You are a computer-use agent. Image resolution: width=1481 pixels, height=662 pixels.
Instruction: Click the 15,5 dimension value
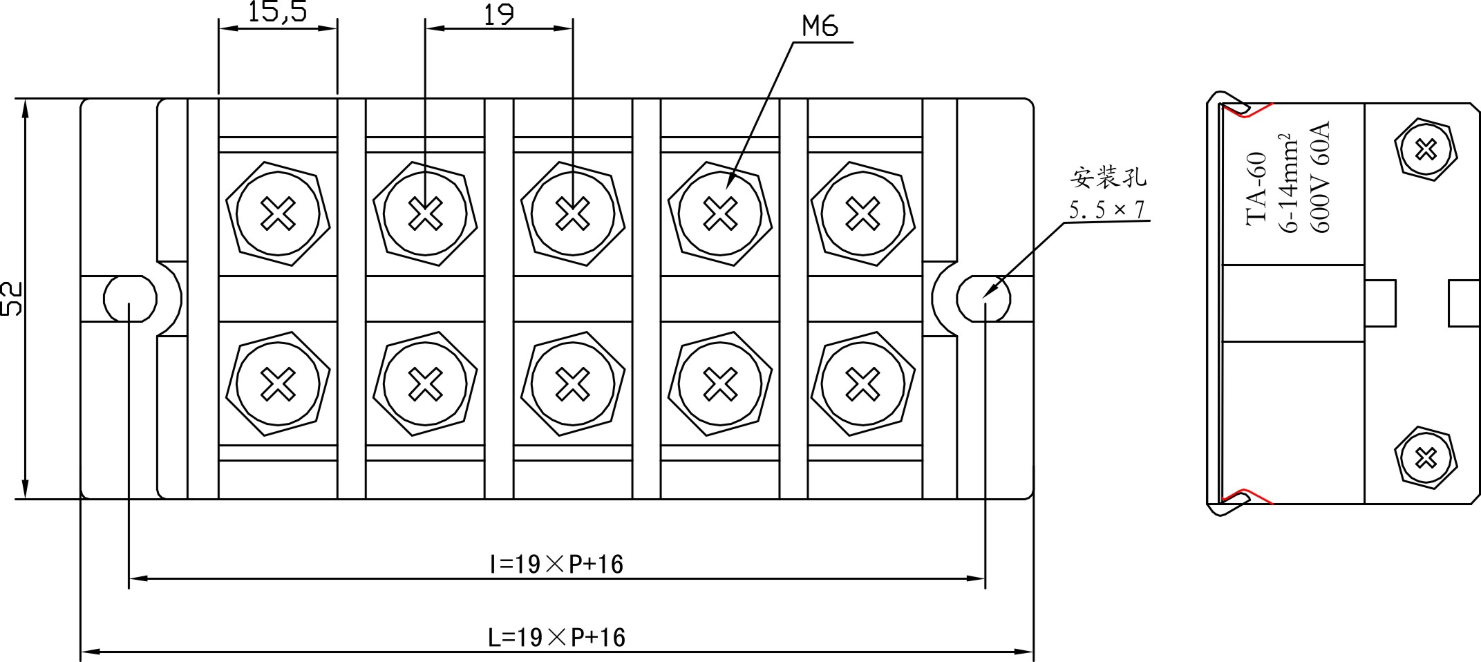click(x=278, y=12)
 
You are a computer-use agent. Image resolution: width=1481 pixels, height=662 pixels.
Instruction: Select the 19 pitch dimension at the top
click(x=498, y=15)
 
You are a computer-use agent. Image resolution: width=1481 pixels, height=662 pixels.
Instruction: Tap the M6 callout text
click(x=820, y=26)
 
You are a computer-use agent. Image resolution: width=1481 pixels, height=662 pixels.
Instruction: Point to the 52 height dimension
click(x=12, y=299)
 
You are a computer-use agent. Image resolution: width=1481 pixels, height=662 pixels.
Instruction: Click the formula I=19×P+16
click(x=556, y=565)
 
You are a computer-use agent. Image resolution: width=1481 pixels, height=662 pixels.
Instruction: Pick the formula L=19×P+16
click(x=556, y=637)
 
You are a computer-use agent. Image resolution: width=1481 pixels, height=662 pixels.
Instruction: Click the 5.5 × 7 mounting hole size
click(x=1107, y=209)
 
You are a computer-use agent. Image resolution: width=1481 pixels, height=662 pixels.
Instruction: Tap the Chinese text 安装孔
click(x=1109, y=178)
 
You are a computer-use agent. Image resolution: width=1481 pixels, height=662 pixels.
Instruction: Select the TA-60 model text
click(x=1257, y=188)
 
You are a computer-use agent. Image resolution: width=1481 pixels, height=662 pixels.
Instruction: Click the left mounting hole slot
click(x=130, y=299)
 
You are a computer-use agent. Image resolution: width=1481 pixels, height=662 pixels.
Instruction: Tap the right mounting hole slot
click(x=983, y=299)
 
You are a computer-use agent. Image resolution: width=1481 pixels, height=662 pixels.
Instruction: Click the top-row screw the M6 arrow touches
click(x=720, y=213)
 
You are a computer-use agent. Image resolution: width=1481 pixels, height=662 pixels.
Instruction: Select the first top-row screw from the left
click(x=278, y=213)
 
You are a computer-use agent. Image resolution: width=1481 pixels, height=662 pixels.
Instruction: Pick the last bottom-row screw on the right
click(x=862, y=384)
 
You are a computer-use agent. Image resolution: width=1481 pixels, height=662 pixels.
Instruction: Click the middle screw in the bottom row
click(x=572, y=384)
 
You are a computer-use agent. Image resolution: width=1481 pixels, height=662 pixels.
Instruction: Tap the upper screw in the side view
click(x=1426, y=149)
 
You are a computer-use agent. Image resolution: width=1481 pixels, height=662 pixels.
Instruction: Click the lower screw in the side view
click(x=1426, y=457)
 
